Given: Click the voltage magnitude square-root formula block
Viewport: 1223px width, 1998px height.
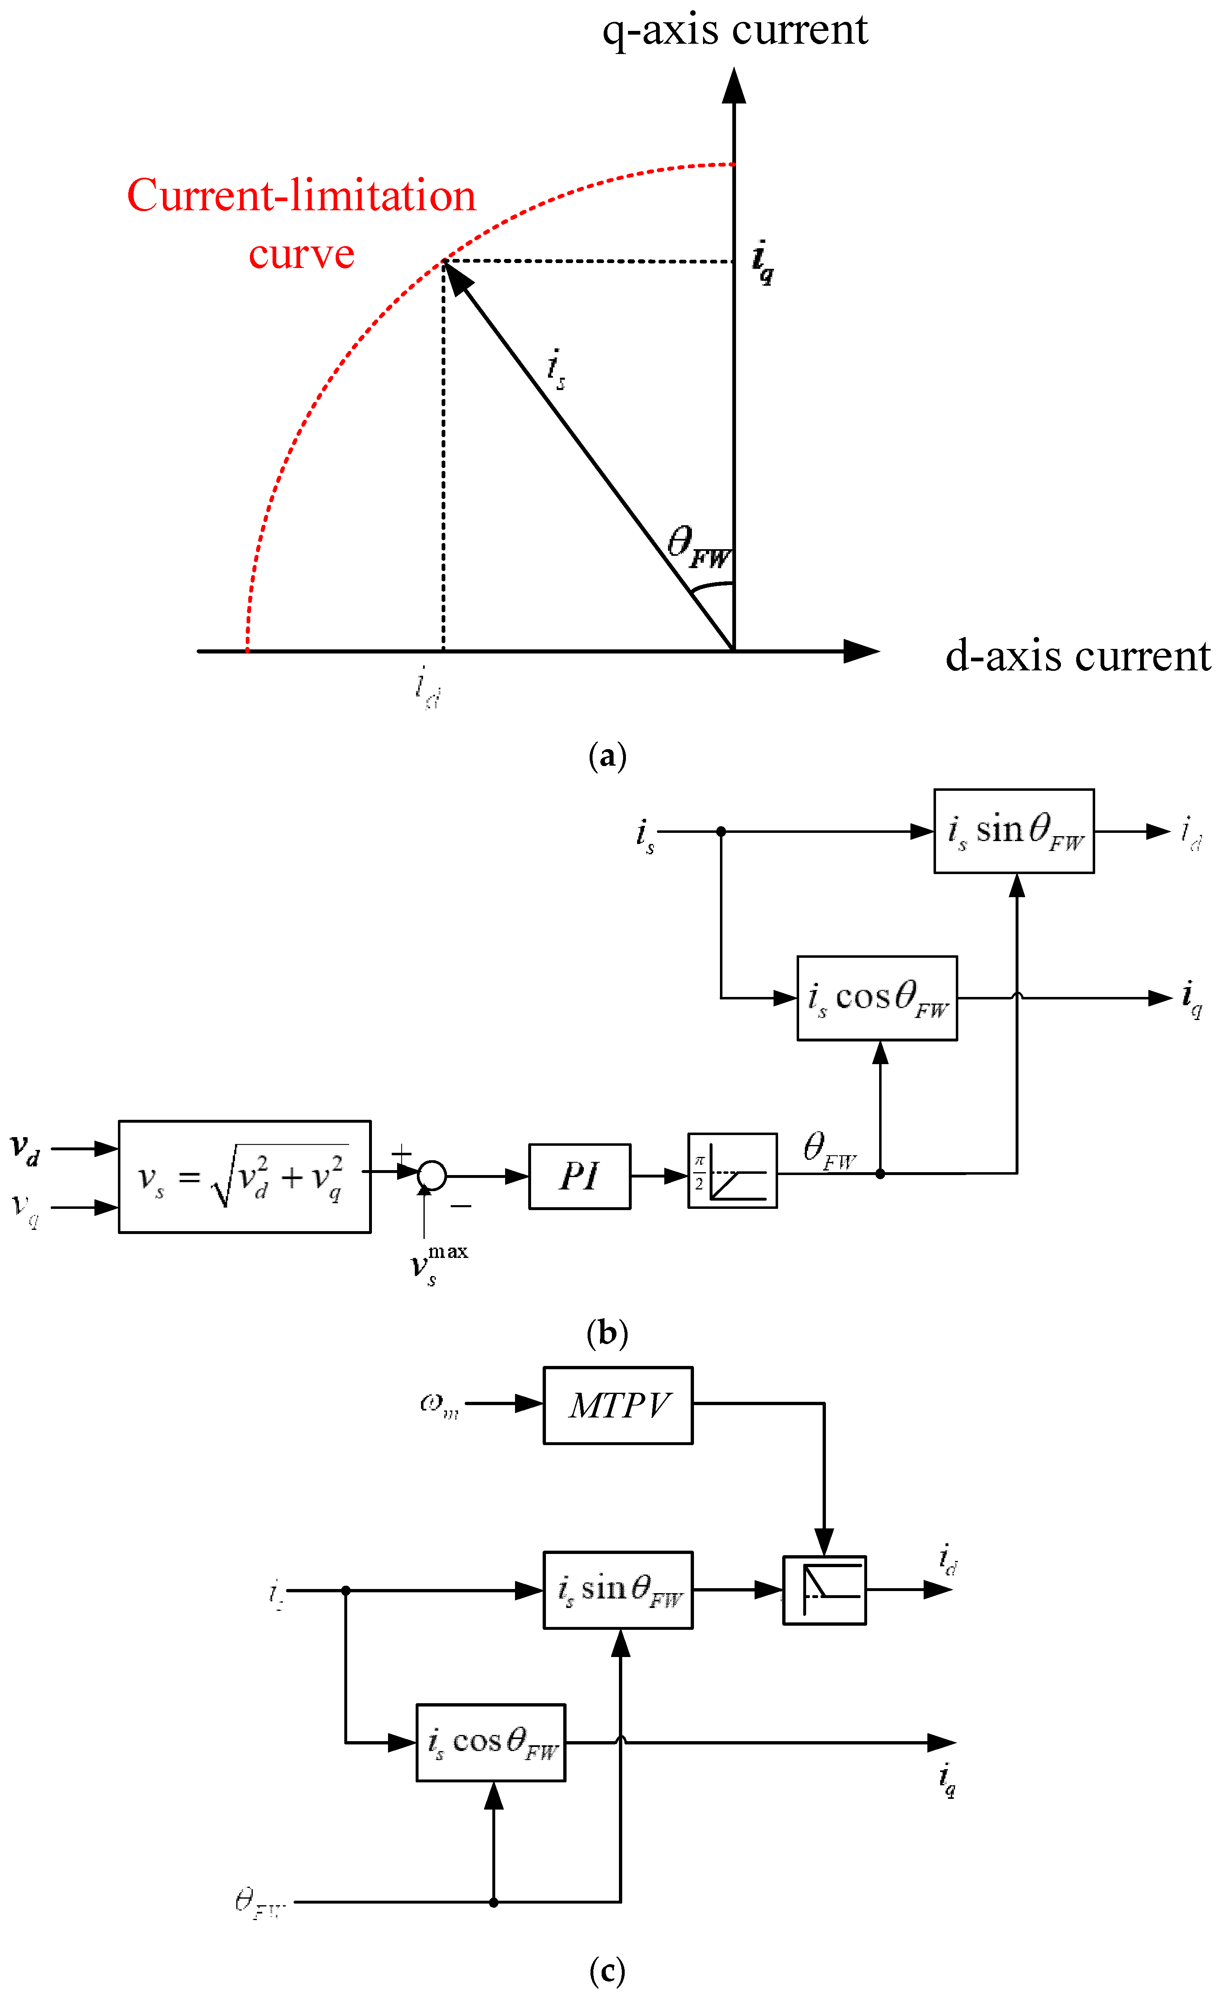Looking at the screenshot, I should point(244,1177).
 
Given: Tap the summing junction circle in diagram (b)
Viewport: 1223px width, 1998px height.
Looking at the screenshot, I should point(432,1175).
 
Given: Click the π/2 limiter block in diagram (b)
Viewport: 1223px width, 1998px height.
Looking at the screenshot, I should point(731,1170).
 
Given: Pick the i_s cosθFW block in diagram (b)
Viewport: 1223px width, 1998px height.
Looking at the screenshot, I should point(877,998).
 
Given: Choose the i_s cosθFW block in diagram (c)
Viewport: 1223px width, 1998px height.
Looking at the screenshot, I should point(491,1742).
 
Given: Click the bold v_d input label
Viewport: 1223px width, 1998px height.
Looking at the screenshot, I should point(24,1149).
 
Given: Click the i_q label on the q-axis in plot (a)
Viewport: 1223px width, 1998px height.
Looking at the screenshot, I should point(762,262).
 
